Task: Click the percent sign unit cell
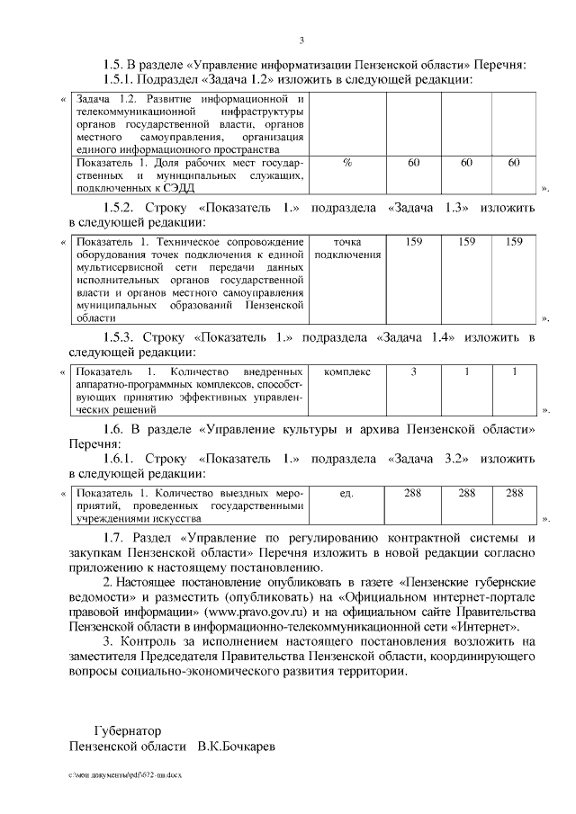[346, 163]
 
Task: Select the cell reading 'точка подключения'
[346, 247]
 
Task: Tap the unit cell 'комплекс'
[346, 372]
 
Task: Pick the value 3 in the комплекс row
[414, 372]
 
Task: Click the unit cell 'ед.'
[346, 493]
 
